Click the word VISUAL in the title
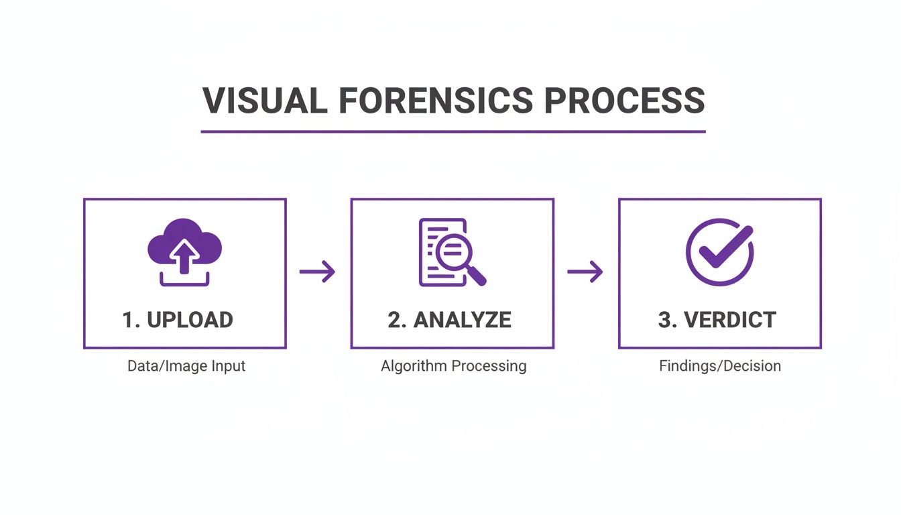pyautogui.click(x=265, y=101)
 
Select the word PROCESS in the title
pyautogui.click(x=623, y=101)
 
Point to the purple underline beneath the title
pyautogui.click(x=453, y=131)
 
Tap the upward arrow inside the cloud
pyautogui.click(x=185, y=254)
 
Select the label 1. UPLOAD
pyautogui.click(x=178, y=320)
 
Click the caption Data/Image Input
pyautogui.click(x=186, y=366)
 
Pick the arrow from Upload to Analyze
pyautogui.click(x=317, y=272)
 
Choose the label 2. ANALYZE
pyautogui.click(x=449, y=320)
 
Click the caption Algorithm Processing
pyautogui.click(x=453, y=366)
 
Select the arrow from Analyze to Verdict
pyautogui.click(x=585, y=272)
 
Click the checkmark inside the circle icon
pyautogui.click(x=724, y=247)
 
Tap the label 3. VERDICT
pyautogui.click(x=717, y=320)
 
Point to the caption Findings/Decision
pyautogui.click(x=720, y=366)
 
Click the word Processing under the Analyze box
pyautogui.click(x=489, y=366)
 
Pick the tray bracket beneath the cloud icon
pyautogui.click(x=184, y=280)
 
